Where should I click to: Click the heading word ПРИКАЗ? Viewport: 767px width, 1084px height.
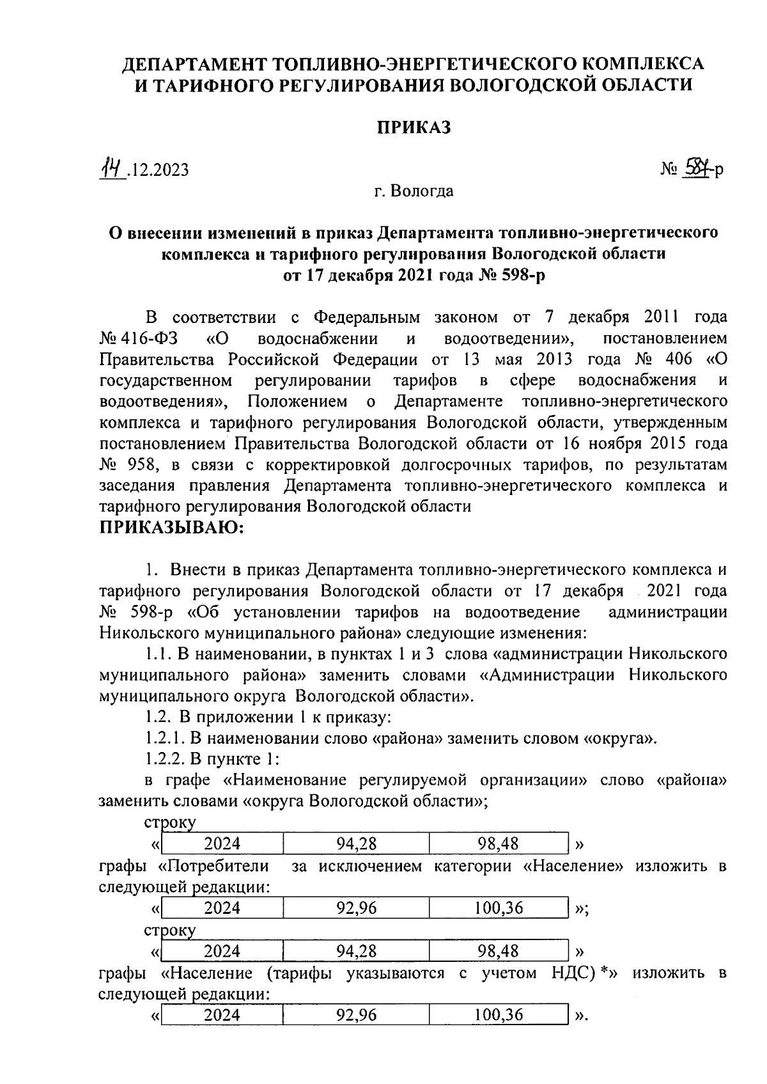click(413, 127)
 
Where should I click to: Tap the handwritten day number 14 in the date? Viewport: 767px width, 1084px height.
click(110, 168)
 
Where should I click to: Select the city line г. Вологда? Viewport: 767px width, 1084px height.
click(414, 191)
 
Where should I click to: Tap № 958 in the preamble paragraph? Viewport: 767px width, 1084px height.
click(124, 464)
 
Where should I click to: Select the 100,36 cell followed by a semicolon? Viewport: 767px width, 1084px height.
click(499, 907)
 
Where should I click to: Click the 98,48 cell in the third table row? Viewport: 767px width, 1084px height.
click(499, 951)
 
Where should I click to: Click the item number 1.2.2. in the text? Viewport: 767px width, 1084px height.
click(164, 759)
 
